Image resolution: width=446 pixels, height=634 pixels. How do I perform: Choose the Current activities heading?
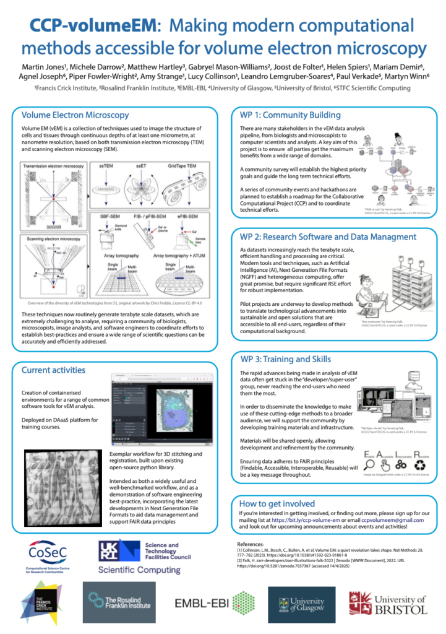53,370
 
